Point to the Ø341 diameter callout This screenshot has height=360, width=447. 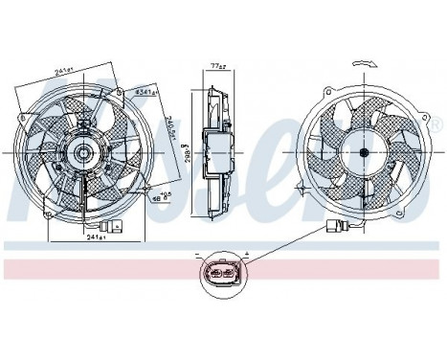tap(145, 92)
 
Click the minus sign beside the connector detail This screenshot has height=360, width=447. tap(198, 257)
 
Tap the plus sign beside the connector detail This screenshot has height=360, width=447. tap(246, 257)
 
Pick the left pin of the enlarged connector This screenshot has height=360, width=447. tap(214, 279)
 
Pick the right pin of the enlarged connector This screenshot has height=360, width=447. tap(230, 279)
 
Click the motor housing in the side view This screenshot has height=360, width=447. tap(221, 150)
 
